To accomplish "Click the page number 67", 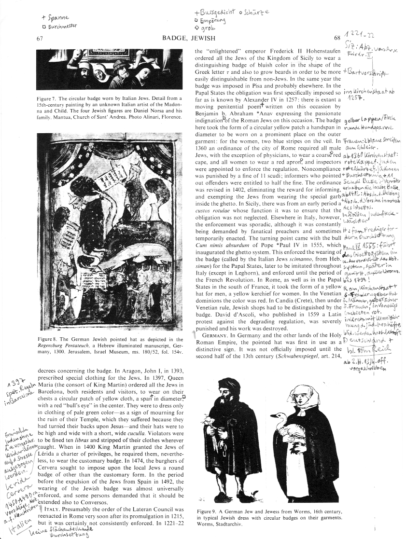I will pos(40,38).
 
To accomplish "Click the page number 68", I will pos(336,38).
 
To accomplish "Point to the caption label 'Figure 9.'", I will pos(208,511).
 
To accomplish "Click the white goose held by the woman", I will pos(285,425).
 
